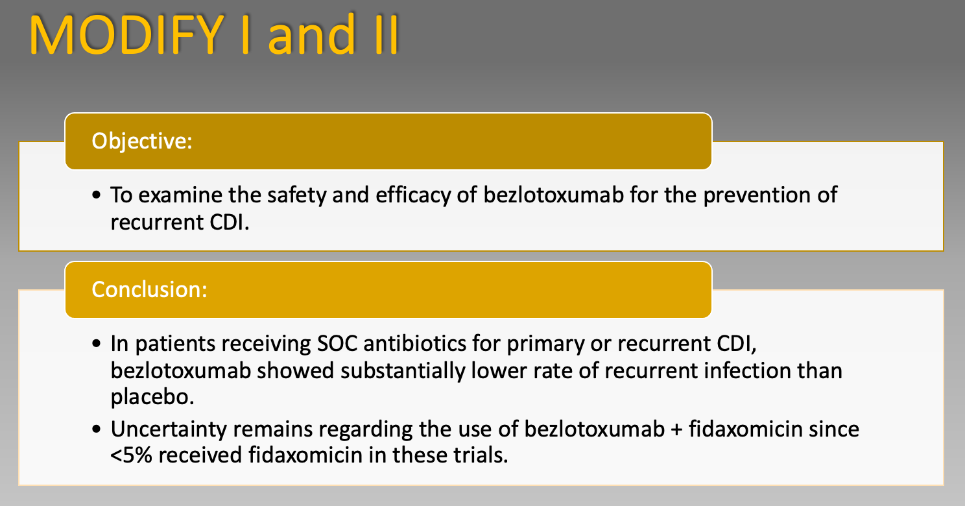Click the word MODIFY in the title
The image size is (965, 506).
126,34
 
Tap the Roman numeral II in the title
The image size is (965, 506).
387,34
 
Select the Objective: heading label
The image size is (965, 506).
142,141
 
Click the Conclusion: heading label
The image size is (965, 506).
149,289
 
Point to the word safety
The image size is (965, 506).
296,195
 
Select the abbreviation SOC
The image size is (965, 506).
337,344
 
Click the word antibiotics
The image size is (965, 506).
415,344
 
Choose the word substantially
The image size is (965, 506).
402,371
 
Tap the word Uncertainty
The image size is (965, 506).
169,429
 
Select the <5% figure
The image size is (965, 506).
131,455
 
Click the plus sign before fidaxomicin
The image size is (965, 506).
676,430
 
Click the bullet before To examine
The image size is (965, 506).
97,195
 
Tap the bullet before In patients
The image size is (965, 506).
97,344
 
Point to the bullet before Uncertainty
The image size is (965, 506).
97,429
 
